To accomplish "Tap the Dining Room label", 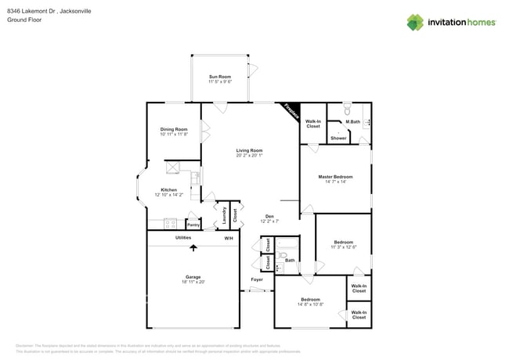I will [x=175, y=129].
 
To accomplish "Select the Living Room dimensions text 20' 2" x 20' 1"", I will [x=249, y=156].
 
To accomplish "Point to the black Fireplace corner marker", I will [x=291, y=112].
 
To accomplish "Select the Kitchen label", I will [x=169, y=189].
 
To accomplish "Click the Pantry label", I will [x=193, y=225].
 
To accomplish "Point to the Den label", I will [x=269, y=216].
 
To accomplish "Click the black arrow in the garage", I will [x=193, y=249].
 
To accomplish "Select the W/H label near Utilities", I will [x=229, y=238].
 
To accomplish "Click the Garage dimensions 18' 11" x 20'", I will [x=193, y=282].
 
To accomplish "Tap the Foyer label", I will [x=257, y=279].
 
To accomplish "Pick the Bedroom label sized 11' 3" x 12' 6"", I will [x=343, y=242].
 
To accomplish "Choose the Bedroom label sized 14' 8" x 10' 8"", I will [x=310, y=300].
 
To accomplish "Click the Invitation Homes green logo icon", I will [x=416, y=22].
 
